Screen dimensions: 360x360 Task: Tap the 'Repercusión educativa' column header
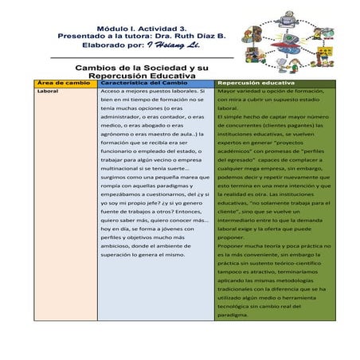click(x=255, y=83)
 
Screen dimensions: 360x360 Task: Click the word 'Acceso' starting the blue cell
click(x=112, y=92)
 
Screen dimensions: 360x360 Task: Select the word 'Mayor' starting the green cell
click(x=227, y=92)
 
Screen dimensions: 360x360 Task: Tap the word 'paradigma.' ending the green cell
click(x=233, y=315)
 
